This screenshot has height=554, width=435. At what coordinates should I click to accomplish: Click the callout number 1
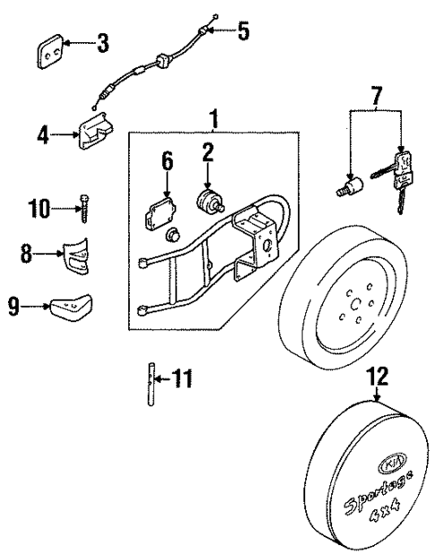[x=213, y=117]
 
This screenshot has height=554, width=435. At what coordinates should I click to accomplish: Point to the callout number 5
[x=243, y=31]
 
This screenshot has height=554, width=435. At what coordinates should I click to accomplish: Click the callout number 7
[x=377, y=93]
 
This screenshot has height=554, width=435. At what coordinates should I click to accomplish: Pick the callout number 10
[x=40, y=211]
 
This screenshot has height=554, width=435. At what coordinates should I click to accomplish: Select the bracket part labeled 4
[x=93, y=134]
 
